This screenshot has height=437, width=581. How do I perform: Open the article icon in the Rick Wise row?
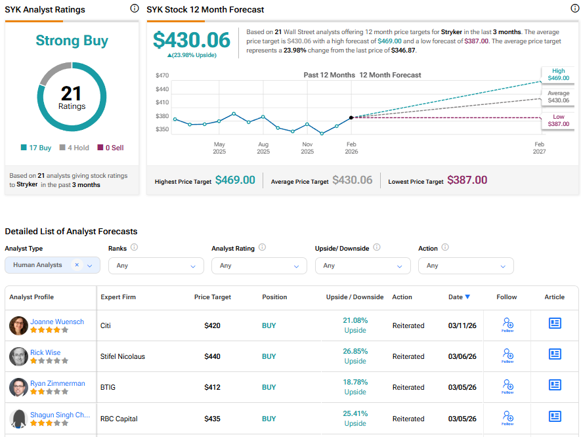[555, 354]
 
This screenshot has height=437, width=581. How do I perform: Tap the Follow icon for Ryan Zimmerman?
[507, 386]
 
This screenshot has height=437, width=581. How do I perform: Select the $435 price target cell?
[212, 419]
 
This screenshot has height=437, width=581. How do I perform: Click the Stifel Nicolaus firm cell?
[122, 356]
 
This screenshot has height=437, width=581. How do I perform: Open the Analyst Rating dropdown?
[259, 266]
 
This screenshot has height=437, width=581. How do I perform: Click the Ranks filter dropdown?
[156, 266]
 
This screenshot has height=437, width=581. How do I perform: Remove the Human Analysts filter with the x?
[77, 265]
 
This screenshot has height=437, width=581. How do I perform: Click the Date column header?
[459, 297]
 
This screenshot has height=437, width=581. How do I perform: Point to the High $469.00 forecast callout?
[557, 75]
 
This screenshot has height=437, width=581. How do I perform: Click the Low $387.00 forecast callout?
[557, 120]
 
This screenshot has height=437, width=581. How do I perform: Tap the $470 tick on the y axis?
[162, 75]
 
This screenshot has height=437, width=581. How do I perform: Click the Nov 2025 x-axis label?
[307, 148]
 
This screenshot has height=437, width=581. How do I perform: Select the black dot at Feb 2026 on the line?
[352, 117]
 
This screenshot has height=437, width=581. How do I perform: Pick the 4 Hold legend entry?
[74, 148]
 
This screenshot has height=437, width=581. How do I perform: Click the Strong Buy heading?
[72, 41]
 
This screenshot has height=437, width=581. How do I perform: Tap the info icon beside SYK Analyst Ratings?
[135, 9]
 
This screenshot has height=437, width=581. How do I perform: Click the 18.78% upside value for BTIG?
[355, 383]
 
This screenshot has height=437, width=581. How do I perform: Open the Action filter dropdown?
[465, 266]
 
